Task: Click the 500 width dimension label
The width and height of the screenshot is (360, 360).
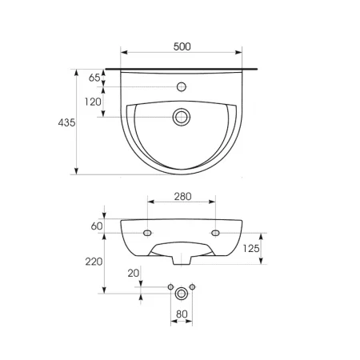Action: click(x=182, y=46)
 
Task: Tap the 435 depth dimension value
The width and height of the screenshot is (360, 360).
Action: click(x=66, y=122)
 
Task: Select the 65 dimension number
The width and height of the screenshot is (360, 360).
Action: click(x=94, y=78)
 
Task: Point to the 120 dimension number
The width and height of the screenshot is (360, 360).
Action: click(x=93, y=102)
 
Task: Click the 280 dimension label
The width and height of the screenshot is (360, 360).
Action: click(x=183, y=197)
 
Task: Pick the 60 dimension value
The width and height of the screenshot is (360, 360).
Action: click(x=97, y=226)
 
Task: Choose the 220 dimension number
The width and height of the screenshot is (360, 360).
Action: click(x=94, y=262)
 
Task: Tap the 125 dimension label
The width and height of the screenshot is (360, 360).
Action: click(x=251, y=249)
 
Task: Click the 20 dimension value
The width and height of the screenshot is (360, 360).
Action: click(x=134, y=273)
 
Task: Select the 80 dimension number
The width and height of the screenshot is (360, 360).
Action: click(x=182, y=314)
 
